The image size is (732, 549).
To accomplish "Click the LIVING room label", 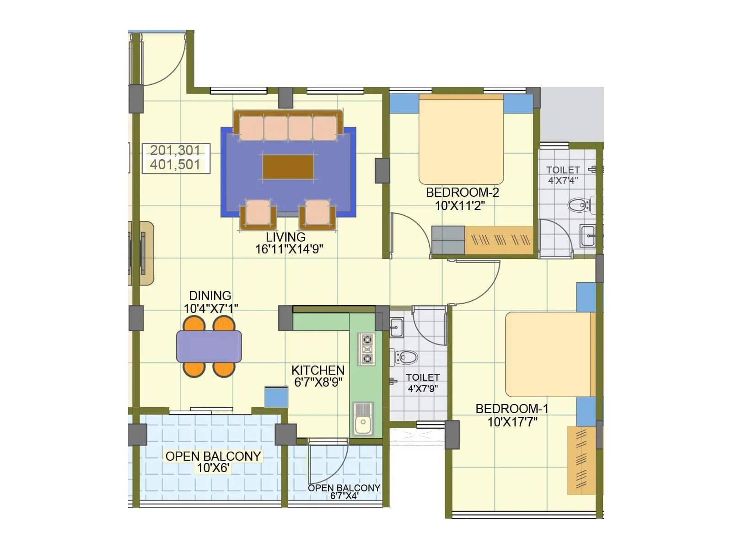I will click(285, 237).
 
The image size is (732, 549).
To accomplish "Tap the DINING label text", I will click(210, 296).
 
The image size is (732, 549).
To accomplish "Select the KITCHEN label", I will click(318, 370).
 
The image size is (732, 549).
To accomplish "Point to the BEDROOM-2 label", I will click(462, 192).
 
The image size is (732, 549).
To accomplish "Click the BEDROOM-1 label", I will click(511, 409).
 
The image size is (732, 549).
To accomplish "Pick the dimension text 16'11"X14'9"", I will click(289, 249).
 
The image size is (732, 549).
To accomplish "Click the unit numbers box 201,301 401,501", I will click(176, 158).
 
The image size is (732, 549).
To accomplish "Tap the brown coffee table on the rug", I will click(288, 167).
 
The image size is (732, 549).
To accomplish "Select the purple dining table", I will click(209, 346).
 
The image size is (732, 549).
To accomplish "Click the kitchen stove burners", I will click(366, 349).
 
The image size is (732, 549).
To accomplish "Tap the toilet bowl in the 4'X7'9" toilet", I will click(405, 357).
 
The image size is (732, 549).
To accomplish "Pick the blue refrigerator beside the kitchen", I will click(276, 397).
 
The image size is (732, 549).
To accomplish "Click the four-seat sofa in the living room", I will click(288, 125).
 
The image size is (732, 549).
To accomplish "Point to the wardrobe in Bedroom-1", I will click(582, 460).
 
